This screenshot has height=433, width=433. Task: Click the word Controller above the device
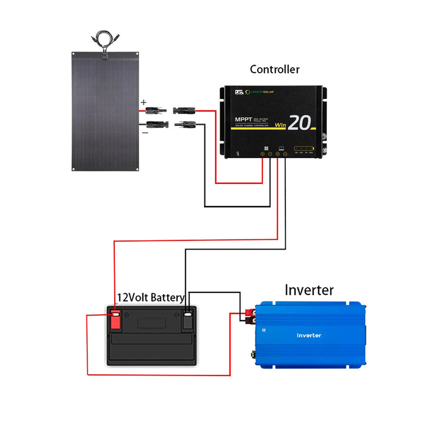pyautogui.click(x=274, y=69)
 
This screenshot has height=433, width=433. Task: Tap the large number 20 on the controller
pyautogui.click(x=299, y=122)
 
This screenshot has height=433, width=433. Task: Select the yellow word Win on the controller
pyautogui.click(x=280, y=126)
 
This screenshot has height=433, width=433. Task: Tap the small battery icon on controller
pyautogui.click(x=281, y=148)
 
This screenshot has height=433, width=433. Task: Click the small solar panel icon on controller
pyautogui.click(x=266, y=148)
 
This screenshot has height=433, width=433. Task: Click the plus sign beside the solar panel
pyautogui.click(x=143, y=102)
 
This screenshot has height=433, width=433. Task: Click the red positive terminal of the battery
pyautogui.click(x=115, y=320)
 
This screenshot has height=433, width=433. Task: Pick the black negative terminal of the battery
pyautogui.click(x=187, y=320)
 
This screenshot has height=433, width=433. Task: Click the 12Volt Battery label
pyautogui.click(x=151, y=298)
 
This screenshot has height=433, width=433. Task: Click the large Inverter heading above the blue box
pyautogui.click(x=309, y=290)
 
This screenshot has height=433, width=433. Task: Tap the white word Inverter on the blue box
pyautogui.click(x=309, y=335)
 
